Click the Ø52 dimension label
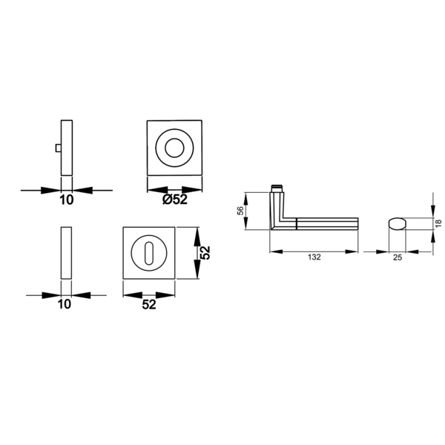[x=175, y=200]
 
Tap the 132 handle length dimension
[x=314, y=257]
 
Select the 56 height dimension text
[x=240, y=211]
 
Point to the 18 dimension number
[x=438, y=223]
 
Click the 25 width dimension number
[x=398, y=257]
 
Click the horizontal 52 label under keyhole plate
[x=149, y=305]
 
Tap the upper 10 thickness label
[x=67, y=200]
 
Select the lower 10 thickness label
[x=64, y=304]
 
